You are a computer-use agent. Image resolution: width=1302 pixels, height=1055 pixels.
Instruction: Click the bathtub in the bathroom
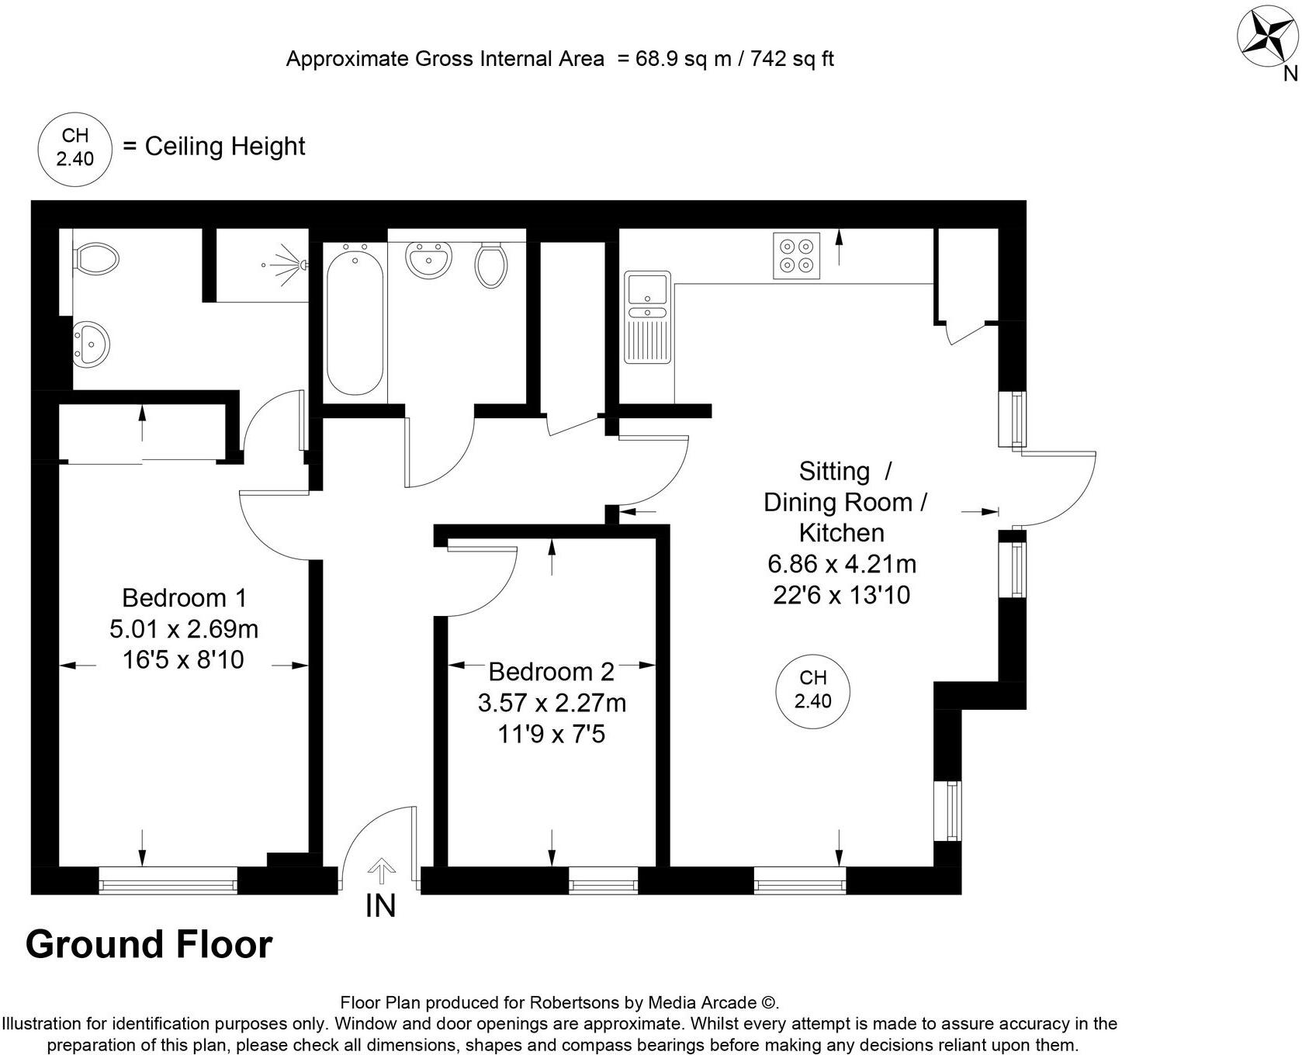[355, 320]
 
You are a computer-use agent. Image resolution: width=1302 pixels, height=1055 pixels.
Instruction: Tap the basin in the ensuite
[91, 342]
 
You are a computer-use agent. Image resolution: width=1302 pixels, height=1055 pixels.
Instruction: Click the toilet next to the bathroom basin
[491, 265]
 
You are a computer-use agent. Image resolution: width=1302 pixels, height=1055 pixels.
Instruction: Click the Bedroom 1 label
[184, 598]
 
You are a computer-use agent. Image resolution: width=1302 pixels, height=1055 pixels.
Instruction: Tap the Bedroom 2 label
[551, 671]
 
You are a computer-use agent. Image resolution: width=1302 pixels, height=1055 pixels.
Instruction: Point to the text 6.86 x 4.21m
[842, 564]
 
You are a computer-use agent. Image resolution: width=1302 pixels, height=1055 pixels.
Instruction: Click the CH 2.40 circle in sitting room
[813, 690]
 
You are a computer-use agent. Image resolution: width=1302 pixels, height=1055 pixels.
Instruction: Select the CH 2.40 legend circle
[75, 147]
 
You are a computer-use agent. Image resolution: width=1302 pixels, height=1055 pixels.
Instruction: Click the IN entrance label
[380, 905]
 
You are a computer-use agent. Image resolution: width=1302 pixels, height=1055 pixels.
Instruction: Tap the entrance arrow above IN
[380, 871]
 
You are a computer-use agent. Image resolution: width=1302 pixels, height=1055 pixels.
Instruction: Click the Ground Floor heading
[149, 945]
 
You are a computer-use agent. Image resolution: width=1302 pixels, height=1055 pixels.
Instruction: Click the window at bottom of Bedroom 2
[603, 880]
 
